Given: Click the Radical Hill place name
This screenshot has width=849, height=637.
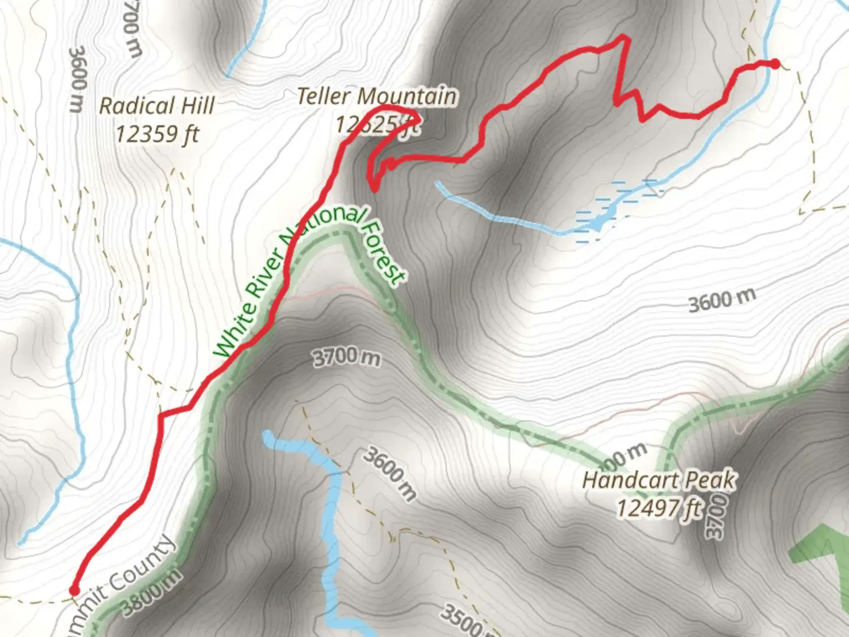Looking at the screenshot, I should tap(156, 106).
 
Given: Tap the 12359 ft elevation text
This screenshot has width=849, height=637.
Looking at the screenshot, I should tap(157, 134).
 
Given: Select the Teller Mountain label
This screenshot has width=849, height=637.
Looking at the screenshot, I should tap(376, 96).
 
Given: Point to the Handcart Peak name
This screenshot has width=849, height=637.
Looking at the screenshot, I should tap(659, 480).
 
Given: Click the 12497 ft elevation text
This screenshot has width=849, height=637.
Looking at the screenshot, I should tap(659, 507).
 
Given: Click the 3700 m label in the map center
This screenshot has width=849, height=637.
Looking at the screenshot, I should tap(346, 357).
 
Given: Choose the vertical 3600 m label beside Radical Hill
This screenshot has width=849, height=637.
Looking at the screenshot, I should tap(77, 80).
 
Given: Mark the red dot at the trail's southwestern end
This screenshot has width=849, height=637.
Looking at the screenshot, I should tap(74, 590).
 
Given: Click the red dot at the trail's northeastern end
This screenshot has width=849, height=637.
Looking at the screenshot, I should tap(775, 64).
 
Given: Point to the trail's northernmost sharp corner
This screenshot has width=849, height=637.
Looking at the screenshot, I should tap(624, 38).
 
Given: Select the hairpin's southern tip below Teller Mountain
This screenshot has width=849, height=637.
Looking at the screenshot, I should tap(374, 189).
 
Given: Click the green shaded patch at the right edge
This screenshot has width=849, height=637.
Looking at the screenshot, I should tap(822, 549).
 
